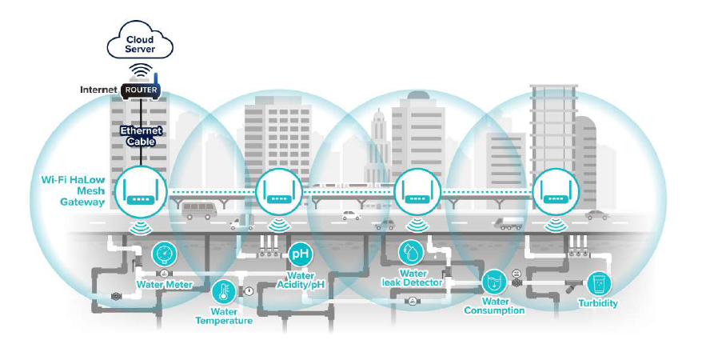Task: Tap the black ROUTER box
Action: (140, 90)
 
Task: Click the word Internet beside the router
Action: (99, 90)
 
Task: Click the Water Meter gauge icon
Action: (164, 254)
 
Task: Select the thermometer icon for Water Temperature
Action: (223, 290)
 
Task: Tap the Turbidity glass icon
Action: (599, 284)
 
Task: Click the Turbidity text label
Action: (598, 304)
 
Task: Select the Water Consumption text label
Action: (494, 306)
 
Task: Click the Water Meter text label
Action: (163, 284)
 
